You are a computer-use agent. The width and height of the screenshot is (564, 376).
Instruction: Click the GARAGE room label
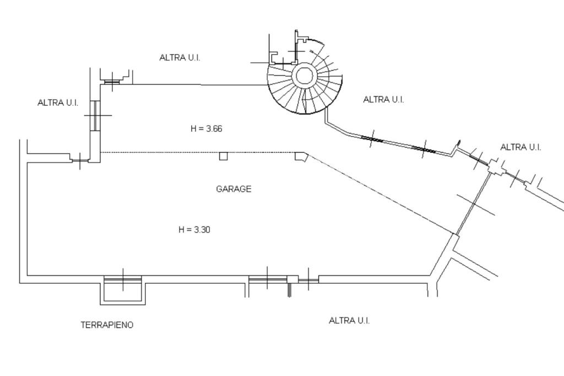234,189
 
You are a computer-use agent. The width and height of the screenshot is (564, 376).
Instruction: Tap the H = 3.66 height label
206,128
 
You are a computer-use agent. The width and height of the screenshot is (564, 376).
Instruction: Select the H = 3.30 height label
194,229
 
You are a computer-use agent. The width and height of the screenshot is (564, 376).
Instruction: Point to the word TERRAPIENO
107,325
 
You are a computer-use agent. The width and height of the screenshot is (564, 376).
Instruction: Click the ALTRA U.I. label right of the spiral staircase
383,99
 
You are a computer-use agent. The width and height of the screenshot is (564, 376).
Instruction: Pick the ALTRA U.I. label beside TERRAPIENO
349,320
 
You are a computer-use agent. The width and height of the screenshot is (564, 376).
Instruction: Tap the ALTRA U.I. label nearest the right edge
520,147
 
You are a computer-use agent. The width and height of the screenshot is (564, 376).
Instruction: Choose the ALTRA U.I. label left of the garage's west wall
58,103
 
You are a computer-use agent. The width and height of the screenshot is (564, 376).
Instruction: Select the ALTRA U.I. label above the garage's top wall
180,57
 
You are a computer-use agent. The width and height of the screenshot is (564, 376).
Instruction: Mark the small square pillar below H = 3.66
224,156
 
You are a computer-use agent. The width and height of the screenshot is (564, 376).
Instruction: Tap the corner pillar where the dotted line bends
301,157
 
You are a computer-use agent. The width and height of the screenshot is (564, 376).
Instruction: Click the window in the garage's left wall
95,115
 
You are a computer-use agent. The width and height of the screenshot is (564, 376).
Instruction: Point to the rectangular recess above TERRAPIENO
123,291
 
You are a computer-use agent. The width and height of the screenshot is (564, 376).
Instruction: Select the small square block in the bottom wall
292,279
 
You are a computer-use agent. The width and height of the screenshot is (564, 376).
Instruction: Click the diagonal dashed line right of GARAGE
381,194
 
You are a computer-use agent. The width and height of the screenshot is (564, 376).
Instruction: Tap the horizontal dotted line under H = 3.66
202,152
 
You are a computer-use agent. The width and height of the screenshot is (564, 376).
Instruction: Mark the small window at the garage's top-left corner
112,82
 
